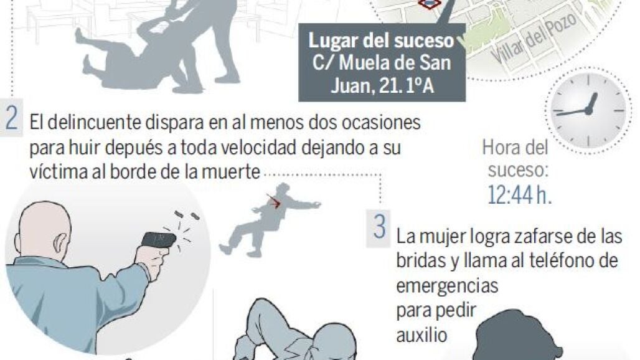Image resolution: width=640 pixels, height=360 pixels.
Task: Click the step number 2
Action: point(11,118)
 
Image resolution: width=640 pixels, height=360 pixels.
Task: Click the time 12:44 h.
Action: point(519,195)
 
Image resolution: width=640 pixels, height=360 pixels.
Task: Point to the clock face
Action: point(588,110)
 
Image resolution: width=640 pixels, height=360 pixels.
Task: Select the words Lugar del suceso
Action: point(381,41)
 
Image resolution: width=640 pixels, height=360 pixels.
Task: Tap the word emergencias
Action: point(447,285)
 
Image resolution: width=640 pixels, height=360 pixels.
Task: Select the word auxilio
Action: point(421,334)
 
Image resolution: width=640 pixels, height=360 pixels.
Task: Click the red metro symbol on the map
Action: point(430,4)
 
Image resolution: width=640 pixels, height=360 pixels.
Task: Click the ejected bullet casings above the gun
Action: point(187,215)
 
